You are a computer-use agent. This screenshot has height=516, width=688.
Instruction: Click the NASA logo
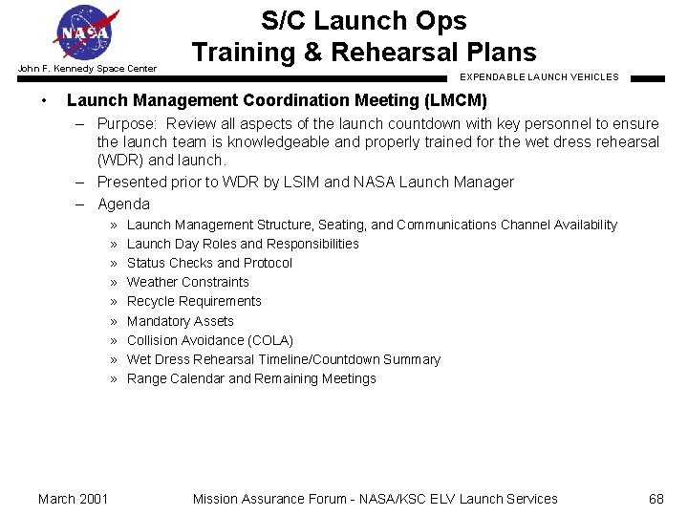click(x=87, y=33)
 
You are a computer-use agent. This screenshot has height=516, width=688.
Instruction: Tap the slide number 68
click(x=656, y=499)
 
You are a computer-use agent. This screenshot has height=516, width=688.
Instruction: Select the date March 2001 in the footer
click(x=73, y=499)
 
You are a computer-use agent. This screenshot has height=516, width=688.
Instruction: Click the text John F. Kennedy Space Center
click(x=86, y=68)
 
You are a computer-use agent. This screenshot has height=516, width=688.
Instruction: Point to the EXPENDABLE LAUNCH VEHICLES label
click(x=539, y=76)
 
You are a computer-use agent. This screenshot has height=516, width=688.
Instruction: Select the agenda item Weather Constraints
click(x=187, y=282)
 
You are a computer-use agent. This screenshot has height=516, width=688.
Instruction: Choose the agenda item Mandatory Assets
click(x=180, y=321)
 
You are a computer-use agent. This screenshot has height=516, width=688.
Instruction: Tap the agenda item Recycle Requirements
click(x=194, y=301)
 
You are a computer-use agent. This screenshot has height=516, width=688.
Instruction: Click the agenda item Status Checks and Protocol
click(x=209, y=263)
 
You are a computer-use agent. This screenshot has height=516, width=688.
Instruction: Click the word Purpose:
click(x=128, y=124)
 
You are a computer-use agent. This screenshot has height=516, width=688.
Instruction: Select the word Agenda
click(x=123, y=204)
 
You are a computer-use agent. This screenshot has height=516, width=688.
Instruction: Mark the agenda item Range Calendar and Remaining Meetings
click(x=251, y=378)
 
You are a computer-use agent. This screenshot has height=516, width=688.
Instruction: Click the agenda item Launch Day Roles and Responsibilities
click(x=243, y=244)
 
